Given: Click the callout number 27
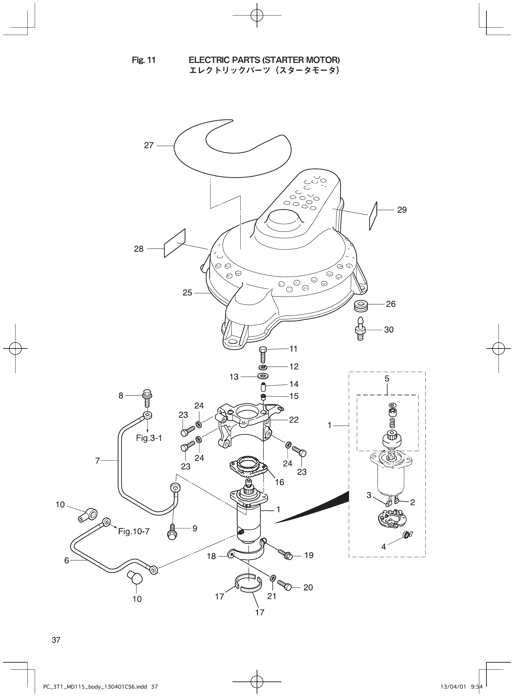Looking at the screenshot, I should [149, 145].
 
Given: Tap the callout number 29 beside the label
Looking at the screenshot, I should [402, 210].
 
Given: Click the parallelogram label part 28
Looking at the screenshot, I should [175, 243].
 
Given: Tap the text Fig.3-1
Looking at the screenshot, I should [149, 438].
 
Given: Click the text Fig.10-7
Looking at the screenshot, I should [134, 531].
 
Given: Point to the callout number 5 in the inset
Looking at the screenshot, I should [387, 379].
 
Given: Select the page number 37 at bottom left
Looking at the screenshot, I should [56, 640].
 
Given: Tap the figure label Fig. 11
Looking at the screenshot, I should [144, 60].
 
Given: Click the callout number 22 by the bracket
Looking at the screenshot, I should [294, 420].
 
